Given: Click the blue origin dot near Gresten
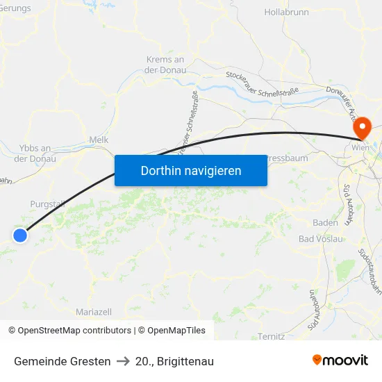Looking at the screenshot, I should click(x=20, y=235).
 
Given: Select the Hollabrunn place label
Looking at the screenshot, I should click(x=285, y=13).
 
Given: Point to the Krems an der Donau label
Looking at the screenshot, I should click(x=165, y=65).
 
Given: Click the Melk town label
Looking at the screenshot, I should click(x=99, y=140).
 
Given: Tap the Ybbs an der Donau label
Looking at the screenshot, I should click(x=35, y=153).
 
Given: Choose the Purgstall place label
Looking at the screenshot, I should click(x=47, y=204).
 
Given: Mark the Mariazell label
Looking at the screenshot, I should click(x=94, y=312).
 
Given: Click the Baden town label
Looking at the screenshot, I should click(x=325, y=223).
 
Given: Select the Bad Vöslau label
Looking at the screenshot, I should click(x=321, y=239).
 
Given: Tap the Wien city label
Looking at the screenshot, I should click(x=360, y=148).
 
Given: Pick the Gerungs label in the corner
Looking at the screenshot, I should click(x=15, y=8).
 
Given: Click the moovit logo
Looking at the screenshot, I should click(x=340, y=360).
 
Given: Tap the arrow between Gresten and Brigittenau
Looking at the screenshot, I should click(x=123, y=361).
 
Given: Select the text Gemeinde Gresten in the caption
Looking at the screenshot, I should click(x=63, y=361).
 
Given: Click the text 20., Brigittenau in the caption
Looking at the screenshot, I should click(x=174, y=361).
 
